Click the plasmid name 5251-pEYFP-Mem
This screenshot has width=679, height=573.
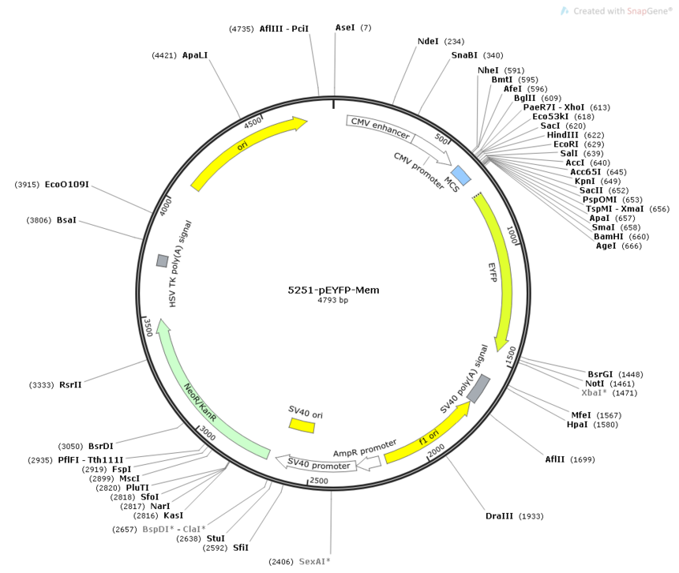[333, 290]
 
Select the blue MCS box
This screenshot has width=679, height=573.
[462, 175]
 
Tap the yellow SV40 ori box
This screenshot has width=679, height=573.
[302, 425]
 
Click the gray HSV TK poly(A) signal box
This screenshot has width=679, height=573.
[163, 261]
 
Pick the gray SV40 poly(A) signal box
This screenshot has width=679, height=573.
[478, 388]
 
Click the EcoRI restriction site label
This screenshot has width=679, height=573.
[565, 144]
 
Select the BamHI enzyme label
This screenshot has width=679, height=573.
[609, 236]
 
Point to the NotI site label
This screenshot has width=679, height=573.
[595, 384]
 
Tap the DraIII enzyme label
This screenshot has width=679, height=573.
[499, 516]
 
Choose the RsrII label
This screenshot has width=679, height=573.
[70, 384]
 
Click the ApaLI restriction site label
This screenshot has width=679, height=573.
[195, 55]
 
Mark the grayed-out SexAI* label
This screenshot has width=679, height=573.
[314, 561]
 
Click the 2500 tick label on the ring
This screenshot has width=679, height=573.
[319, 481]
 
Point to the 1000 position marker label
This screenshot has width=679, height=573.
[512, 234]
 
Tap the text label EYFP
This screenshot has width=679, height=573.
[493, 272]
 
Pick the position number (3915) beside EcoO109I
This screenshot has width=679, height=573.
[27, 185]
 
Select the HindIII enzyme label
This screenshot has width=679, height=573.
[562, 135]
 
